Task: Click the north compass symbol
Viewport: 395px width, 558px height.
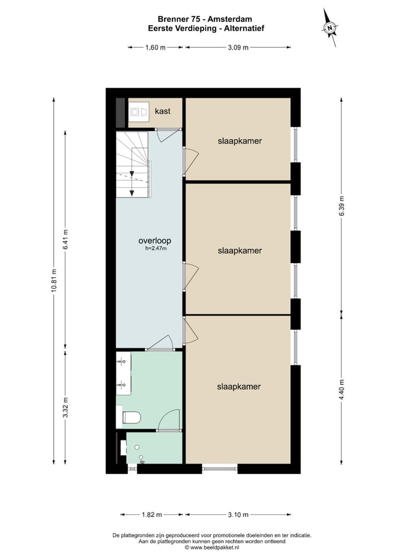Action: click(x=330, y=27)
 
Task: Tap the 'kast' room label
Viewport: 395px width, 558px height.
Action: click(x=162, y=111)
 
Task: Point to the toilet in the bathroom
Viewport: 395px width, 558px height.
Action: click(x=131, y=418)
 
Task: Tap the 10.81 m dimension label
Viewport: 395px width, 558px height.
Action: click(x=54, y=281)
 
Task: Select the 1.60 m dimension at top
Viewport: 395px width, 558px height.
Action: click(x=155, y=48)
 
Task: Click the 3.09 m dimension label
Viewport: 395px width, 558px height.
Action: click(x=238, y=48)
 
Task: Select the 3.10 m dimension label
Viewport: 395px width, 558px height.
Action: click(x=238, y=515)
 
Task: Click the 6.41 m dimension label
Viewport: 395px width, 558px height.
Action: click(x=65, y=239)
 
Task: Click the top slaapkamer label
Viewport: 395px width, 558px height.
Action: click(x=239, y=141)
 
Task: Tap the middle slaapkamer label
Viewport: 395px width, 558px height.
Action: click(x=239, y=250)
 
